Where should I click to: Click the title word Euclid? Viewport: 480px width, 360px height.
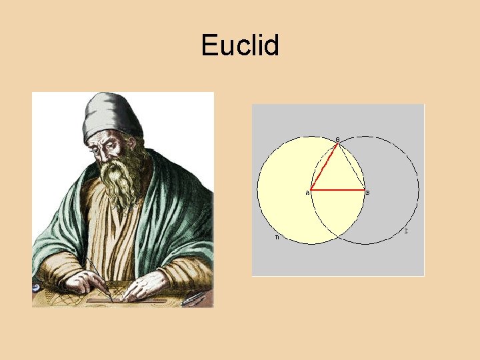(x=240, y=46)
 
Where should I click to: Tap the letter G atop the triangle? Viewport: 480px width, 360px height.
(x=337, y=139)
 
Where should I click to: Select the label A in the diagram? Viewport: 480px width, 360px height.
(x=307, y=193)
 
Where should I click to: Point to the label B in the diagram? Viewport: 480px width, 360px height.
(x=368, y=193)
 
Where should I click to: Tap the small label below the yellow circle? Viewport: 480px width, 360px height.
(x=277, y=237)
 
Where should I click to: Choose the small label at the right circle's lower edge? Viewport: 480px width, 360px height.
(x=406, y=232)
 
